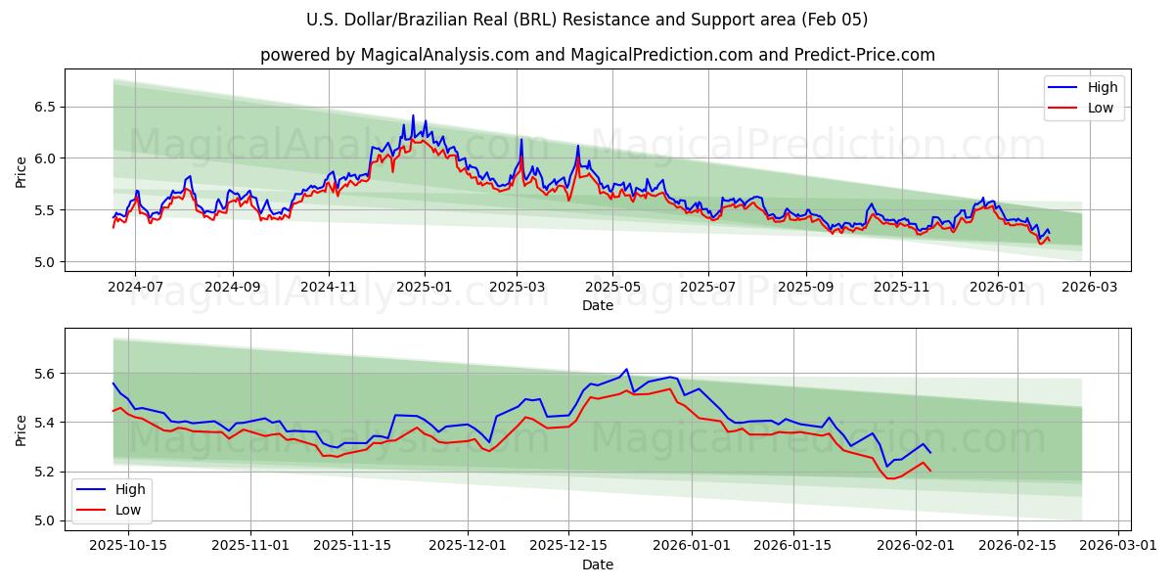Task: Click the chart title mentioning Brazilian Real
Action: click(x=587, y=20)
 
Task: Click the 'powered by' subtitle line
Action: click(x=597, y=55)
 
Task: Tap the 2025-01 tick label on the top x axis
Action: click(x=425, y=288)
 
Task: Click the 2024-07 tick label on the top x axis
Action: click(x=134, y=288)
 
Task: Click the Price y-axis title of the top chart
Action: click(x=22, y=172)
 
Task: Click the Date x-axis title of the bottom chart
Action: click(x=597, y=564)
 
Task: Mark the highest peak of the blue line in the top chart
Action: click(x=413, y=115)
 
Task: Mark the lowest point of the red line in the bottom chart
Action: click(x=890, y=478)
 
